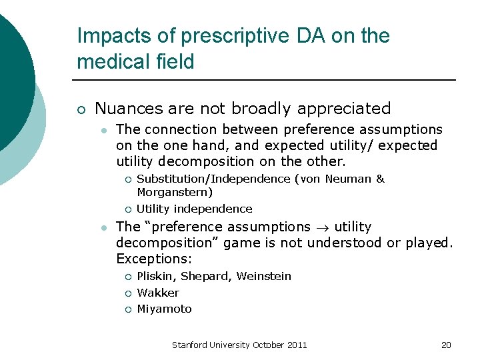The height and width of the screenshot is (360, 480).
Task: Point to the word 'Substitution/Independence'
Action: [213, 179]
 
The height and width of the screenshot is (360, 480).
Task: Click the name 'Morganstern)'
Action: [175, 192]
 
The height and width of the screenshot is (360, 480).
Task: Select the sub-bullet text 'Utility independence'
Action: [194, 209]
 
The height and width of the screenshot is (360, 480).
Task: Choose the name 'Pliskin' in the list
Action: [157, 276]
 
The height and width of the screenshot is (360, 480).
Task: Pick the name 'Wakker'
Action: [158, 293]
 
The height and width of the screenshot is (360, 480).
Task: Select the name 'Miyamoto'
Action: [164, 309]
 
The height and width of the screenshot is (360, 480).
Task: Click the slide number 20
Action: [446, 345]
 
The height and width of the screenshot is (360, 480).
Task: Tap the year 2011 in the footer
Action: [297, 345]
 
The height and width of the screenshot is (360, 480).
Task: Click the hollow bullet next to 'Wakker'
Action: [127, 293]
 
